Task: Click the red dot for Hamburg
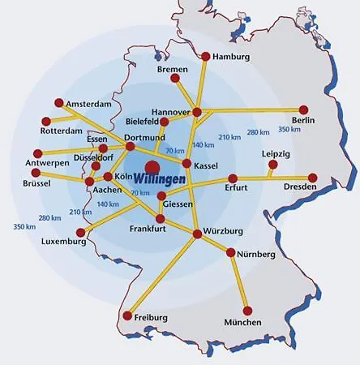[x=206, y=57]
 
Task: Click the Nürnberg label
[x=257, y=255]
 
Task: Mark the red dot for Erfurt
[x=233, y=178]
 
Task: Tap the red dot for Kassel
[x=187, y=164]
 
